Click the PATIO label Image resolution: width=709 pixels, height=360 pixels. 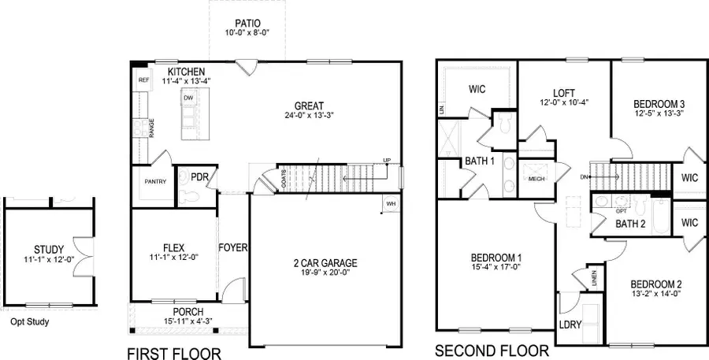(247, 23)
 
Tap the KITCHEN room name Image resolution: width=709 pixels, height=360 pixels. (187, 72)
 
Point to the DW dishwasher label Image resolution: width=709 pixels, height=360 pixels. (188, 98)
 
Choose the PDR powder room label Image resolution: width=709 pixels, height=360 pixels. (199, 177)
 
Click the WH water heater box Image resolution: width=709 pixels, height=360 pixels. (390, 204)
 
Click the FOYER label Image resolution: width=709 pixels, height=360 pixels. (233, 247)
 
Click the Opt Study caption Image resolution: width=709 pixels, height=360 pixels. (30, 321)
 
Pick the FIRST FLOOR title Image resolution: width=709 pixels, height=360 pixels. (173, 353)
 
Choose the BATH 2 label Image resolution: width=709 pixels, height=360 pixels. (630, 225)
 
